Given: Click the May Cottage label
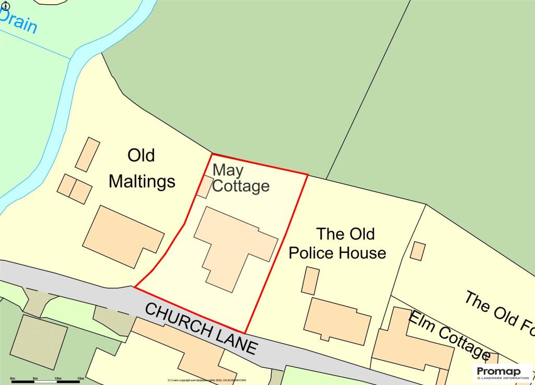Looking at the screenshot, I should tap(241, 178).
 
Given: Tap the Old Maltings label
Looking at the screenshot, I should tap(141, 168).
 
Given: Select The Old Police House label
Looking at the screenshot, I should tap(338, 243).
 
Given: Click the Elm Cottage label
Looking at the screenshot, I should tap(449, 335).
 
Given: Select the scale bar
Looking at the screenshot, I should tap(47, 381).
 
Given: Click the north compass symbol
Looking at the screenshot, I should tap(6, 5).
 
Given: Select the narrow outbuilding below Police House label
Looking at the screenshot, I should tap(310, 280).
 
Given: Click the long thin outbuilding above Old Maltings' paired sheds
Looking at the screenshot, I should tap(87, 154).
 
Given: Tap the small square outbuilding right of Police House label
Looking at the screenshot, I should tap(417, 251).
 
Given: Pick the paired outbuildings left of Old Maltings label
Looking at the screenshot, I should tap(75, 189).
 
